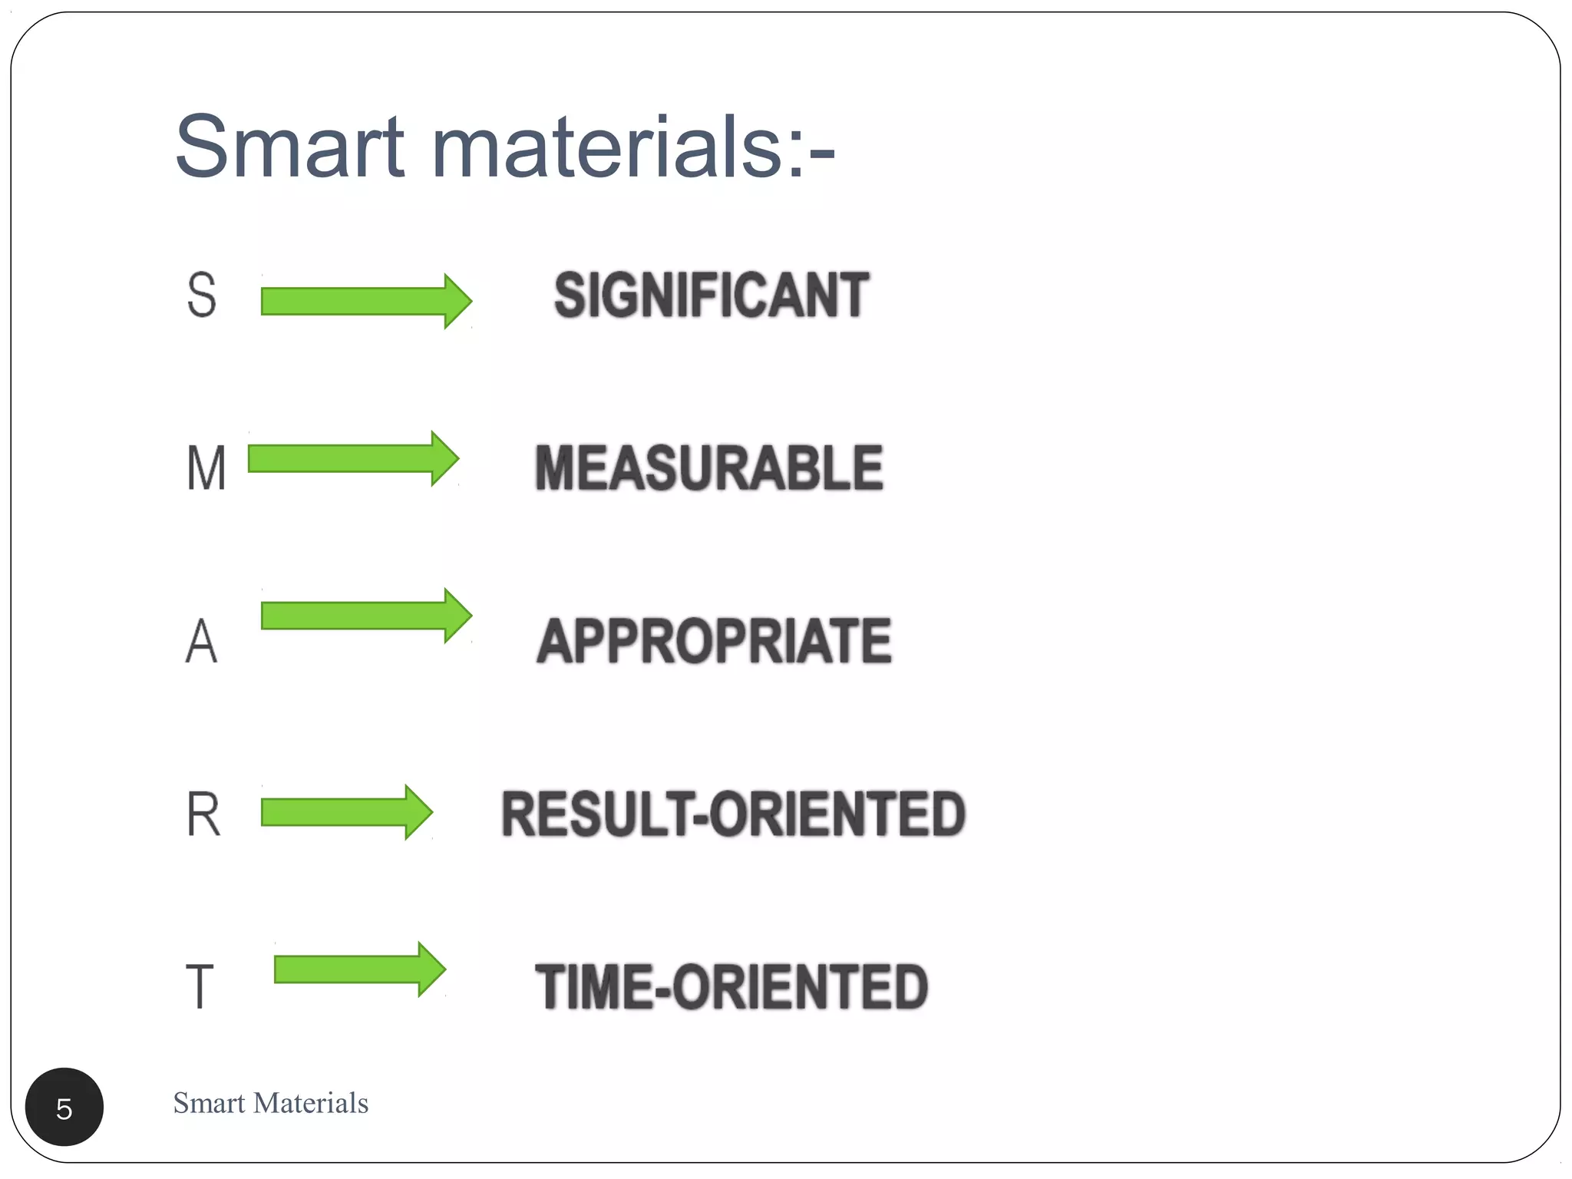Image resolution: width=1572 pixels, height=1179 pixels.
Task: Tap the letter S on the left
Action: click(x=202, y=296)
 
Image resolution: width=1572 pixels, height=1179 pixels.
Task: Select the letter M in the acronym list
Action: click(x=206, y=467)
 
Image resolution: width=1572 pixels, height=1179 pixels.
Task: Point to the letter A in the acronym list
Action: click(x=202, y=641)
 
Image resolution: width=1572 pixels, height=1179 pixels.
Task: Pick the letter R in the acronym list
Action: click(x=203, y=814)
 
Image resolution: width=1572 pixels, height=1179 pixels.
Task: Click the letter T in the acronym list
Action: click(x=200, y=986)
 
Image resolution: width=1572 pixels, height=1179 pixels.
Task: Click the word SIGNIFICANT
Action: click(x=712, y=296)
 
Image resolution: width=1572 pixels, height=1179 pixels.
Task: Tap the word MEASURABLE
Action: click(x=708, y=467)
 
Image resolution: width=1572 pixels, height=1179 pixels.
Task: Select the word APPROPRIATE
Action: click(x=714, y=641)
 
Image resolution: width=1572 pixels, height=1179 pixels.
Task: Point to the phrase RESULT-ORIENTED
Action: click(x=733, y=814)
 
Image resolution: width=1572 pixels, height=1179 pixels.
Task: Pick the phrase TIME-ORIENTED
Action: click(x=731, y=986)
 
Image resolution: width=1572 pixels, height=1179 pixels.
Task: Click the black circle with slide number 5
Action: click(x=64, y=1107)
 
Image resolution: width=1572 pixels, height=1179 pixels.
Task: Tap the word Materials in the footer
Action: click(x=311, y=1103)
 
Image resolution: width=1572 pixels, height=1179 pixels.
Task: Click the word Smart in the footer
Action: click(x=209, y=1103)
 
